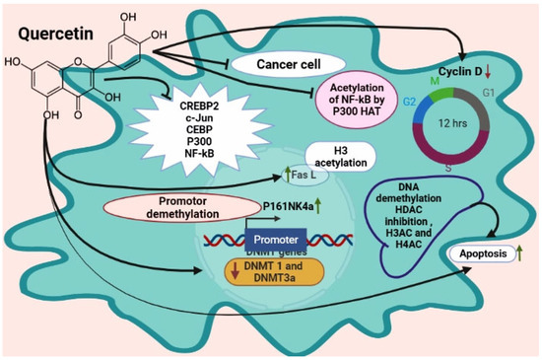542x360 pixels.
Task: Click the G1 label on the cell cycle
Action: click(x=490, y=94)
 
